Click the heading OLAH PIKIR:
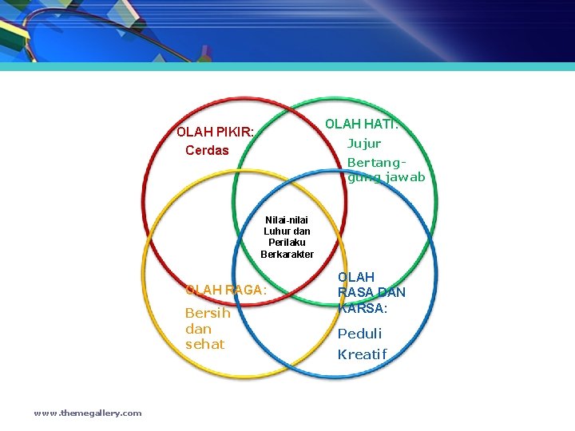tap(216, 132)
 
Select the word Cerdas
tap(207, 150)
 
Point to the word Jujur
tap(364, 144)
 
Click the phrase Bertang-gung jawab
tap(386, 169)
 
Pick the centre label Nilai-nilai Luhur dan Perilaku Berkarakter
tap(287, 236)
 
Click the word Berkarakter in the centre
tap(287, 254)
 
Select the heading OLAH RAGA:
tap(226, 291)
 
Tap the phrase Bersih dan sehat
tap(207, 328)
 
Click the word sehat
tap(205, 344)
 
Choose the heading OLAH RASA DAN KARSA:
tap(371, 292)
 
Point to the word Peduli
tap(359, 334)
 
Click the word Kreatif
tap(362, 354)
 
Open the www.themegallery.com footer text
tap(88, 413)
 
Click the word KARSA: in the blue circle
tap(363, 308)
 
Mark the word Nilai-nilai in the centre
tap(287, 219)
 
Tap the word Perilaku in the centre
tap(287, 243)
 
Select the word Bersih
tap(208, 313)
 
